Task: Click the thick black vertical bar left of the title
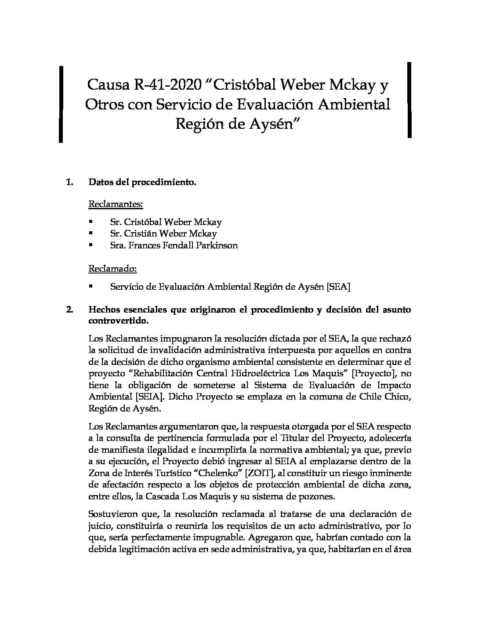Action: (61, 104)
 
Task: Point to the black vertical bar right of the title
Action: (409, 100)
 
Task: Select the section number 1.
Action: (69, 182)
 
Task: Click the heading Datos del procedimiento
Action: (142, 182)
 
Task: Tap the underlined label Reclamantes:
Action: (116, 204)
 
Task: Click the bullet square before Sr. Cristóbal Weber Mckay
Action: (91, 222)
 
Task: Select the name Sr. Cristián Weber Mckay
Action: (163, 234)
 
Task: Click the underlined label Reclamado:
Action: (112, 268)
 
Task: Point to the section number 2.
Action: (69, 309)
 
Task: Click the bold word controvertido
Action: (118, 321)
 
